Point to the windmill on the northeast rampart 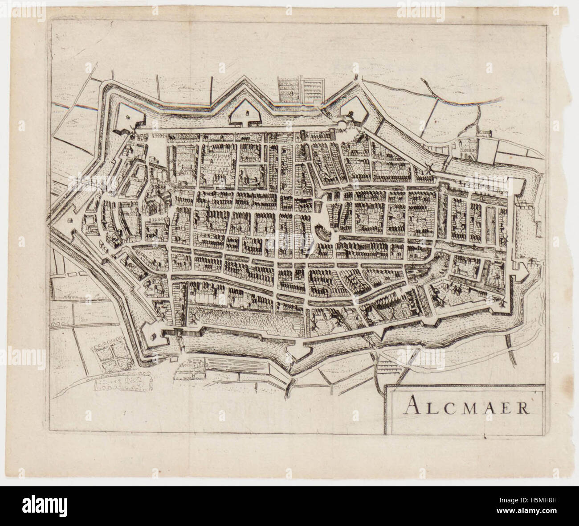pyautogui.click(x=429, y=168)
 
